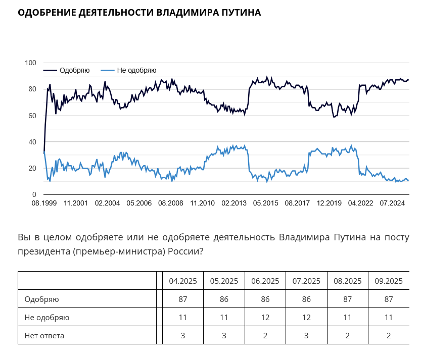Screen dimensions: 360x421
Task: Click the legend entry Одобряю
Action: coord(74,70)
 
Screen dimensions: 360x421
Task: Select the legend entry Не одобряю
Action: coord(136,70)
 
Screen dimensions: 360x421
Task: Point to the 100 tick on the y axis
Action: coord(31,63)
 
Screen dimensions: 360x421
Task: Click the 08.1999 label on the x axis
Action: coord(44,203)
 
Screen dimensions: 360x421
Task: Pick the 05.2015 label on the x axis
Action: coord(265,203)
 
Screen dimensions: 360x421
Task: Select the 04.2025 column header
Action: coord(183,281)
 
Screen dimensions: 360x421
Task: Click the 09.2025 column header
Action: coord(389,281)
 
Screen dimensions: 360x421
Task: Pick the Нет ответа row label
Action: coord(44,335)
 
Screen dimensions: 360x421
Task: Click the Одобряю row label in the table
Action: coord(42,299)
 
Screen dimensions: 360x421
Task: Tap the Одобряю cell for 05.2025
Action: coord(224,299)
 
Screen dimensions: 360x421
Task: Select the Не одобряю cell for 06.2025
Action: coord(265,318)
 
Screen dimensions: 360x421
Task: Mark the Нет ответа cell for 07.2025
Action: coord(306,335)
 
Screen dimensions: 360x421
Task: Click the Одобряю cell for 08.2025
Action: coord(347,299)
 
